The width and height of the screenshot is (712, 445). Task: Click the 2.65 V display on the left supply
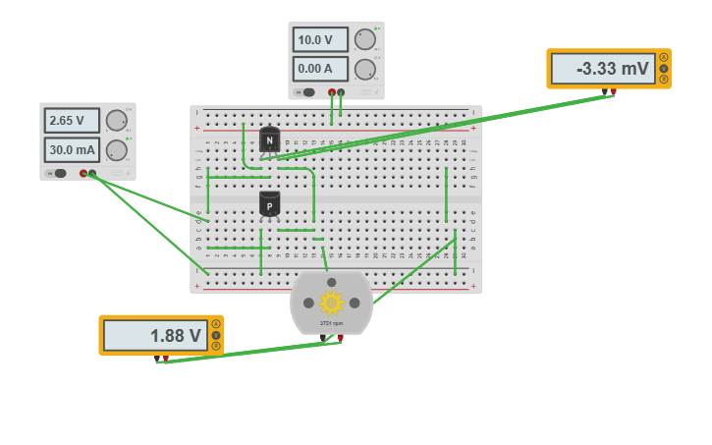coord(72,121)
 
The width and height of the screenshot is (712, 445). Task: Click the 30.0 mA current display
coord(72,150)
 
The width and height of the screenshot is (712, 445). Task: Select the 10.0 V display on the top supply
coord(320,40)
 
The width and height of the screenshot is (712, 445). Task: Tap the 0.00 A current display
coord(320,69)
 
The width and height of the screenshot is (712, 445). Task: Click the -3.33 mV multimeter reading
coord(602,69)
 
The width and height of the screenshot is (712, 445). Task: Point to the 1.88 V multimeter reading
coord(155,335)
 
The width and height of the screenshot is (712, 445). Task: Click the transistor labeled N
coord(269,139)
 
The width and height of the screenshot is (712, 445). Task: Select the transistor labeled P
coord(269,205)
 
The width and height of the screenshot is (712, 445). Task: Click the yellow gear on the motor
coord(331,303)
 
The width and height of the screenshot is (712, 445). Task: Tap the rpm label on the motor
coord(331,323)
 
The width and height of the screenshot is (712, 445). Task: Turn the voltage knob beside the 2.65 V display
coord(116,121)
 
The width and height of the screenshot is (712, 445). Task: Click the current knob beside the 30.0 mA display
coord(116,150)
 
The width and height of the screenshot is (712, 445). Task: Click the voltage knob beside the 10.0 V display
coord(364,40)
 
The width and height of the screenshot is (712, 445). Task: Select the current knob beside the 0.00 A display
coord(364,69)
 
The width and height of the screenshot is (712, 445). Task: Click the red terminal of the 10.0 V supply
coord(332,92)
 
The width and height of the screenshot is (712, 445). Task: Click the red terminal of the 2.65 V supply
coord(83,173)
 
